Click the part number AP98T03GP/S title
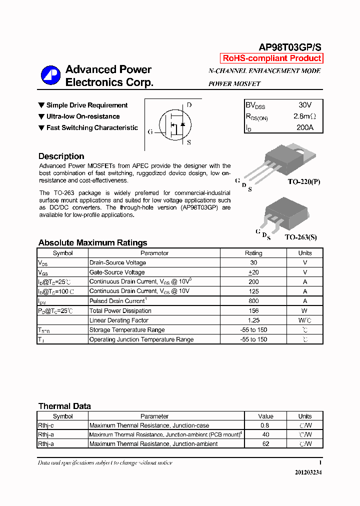[289, 47]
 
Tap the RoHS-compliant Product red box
[271, 58]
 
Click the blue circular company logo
[50, 75]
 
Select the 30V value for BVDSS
[304, 105]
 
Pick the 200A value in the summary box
[304, 127]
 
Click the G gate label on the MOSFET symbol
[150, 132]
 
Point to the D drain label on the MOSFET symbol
[189, 105]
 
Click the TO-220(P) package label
[303, 182]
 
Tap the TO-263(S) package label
[300, 237]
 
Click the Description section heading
[61, 156]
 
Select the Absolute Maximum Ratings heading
[92, 243]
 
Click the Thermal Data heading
[64, 406]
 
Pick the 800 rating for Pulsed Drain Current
[253, 301]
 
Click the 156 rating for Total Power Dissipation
[253, 310]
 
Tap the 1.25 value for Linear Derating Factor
[253, 320]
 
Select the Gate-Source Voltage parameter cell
[117, 272]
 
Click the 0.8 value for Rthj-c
[265, 425]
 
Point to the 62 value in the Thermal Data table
[265, 444]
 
